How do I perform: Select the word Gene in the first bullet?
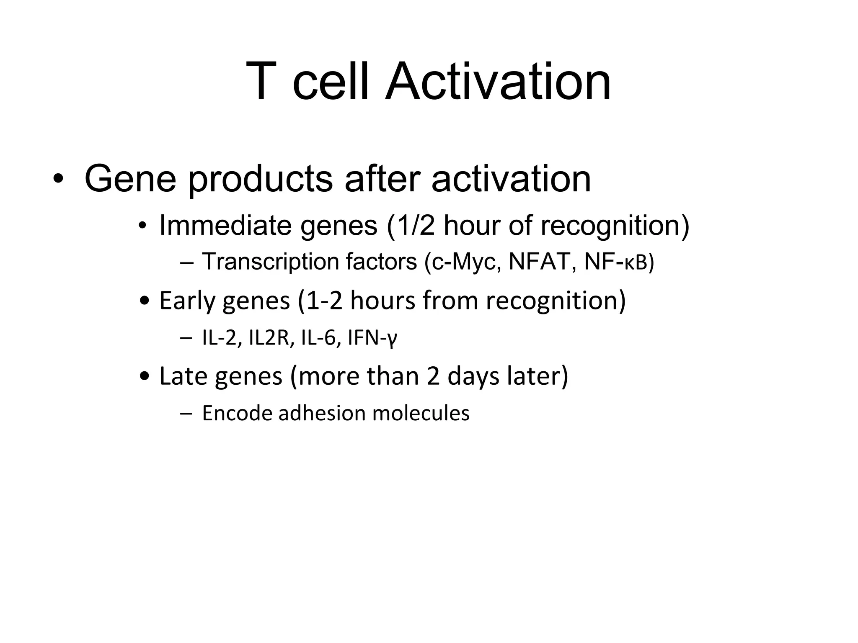tap(130, 179)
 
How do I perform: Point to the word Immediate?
tap(225, 226)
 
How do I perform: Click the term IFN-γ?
tap(372, 339)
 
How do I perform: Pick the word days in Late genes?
tap(473, 376)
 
